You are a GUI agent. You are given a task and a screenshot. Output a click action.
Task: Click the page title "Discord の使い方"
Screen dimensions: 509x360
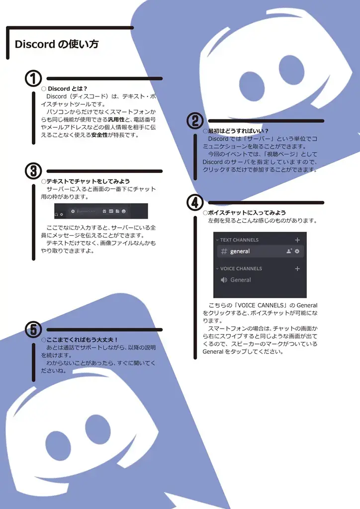(x=57, y=44)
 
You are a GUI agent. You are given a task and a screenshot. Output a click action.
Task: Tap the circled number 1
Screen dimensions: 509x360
(x=33, y=79)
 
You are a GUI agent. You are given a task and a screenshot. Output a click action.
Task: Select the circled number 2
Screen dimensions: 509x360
(x=195, y=121)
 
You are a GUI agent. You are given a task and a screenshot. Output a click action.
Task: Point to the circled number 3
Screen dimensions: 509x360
(x=33, y=171)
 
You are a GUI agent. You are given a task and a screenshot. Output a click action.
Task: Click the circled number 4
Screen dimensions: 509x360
(x=195, y=202)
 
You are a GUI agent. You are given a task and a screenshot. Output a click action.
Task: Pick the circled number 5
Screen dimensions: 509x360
(x=33, y=329)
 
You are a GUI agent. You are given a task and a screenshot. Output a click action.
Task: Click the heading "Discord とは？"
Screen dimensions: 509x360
(x=67, y=89)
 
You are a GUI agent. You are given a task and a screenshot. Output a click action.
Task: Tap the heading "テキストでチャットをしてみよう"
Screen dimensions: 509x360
(x=88, y=181)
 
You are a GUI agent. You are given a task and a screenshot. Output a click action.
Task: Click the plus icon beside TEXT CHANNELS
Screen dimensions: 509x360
(x=297, y=240)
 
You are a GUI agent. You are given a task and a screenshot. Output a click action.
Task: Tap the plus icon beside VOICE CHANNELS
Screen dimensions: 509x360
(x=297, y=268)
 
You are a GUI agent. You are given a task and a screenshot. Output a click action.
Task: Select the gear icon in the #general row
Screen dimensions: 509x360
(x=297, y=252)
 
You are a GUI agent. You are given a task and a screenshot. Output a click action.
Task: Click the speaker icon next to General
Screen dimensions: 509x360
(x=224, y=280)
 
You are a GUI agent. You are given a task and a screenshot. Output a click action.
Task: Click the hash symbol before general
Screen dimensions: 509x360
(x=224, y=252)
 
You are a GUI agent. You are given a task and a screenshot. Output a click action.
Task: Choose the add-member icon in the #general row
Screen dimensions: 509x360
(x=289, y=252)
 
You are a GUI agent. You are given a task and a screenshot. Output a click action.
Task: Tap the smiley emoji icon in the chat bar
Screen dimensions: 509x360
(x=123, y=211)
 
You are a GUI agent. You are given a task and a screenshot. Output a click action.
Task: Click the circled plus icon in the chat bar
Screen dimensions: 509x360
(x=73, y=211)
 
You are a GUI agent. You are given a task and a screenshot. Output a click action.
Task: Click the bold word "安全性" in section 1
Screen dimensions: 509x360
(x=99, y=135)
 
